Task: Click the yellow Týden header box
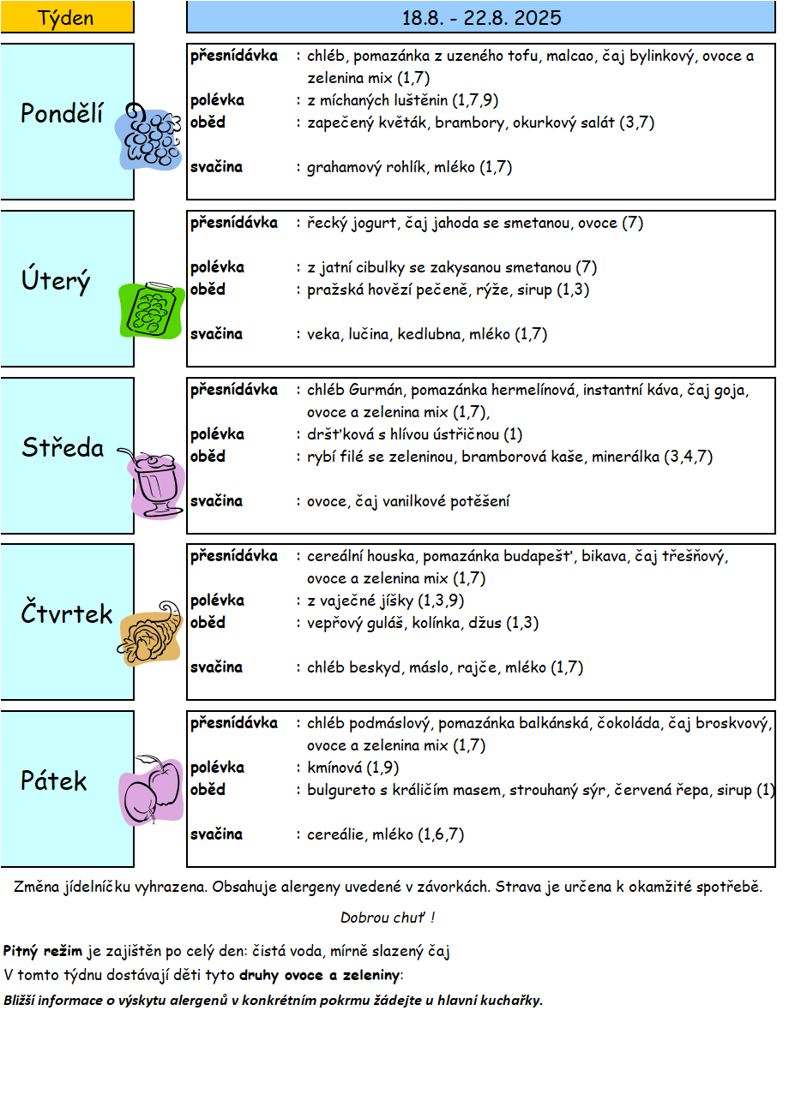(67, 17)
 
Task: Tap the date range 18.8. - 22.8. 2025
(481, 18)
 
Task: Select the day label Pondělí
(62, 113)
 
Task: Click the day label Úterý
(56, 279)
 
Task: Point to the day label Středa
(63, 447)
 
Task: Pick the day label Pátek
(54, 780)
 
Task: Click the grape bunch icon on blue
(148, 137)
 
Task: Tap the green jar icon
(151, 310)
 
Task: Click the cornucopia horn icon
(149, 634)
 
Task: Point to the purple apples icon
(151, 791)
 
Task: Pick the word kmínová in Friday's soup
(334, 768)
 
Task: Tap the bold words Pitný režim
(43, 951)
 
